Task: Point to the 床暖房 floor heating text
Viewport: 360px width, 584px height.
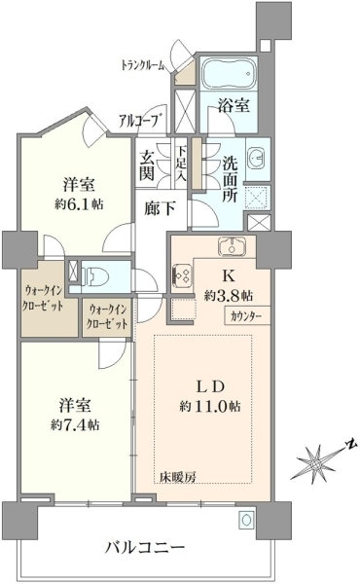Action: pos(180,476)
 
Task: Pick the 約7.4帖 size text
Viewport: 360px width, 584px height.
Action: pos(76,425)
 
